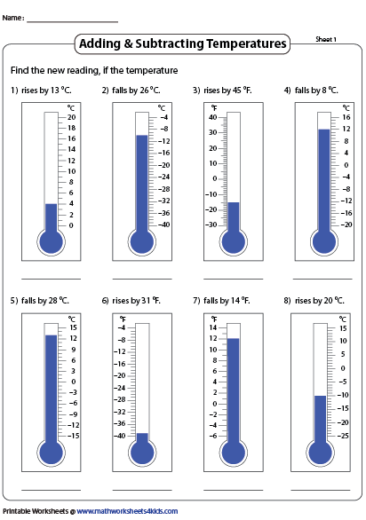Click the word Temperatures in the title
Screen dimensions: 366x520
[246, 43]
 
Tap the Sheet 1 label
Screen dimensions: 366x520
[326, 39]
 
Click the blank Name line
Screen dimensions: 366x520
[73, 22]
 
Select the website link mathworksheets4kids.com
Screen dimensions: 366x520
[127, 511]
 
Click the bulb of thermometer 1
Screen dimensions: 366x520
[51, 242]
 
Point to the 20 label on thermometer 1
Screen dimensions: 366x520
[71, 117]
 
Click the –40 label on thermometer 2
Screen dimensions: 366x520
[163, 225]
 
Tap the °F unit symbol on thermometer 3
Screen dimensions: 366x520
[214, 107]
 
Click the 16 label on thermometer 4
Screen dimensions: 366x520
[346, 117]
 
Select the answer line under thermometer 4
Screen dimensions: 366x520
[322, 279]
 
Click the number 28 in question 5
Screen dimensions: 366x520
[53, 301]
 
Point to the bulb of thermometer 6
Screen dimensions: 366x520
[142, 453]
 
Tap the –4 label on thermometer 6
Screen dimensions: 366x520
[122, 327]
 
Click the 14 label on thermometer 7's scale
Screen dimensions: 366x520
[213, 327]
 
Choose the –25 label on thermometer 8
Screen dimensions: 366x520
[343, 436]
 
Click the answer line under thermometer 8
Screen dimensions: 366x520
[321, 490]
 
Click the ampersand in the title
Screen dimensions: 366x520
[128, 44]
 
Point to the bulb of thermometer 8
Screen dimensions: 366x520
[321, 453]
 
